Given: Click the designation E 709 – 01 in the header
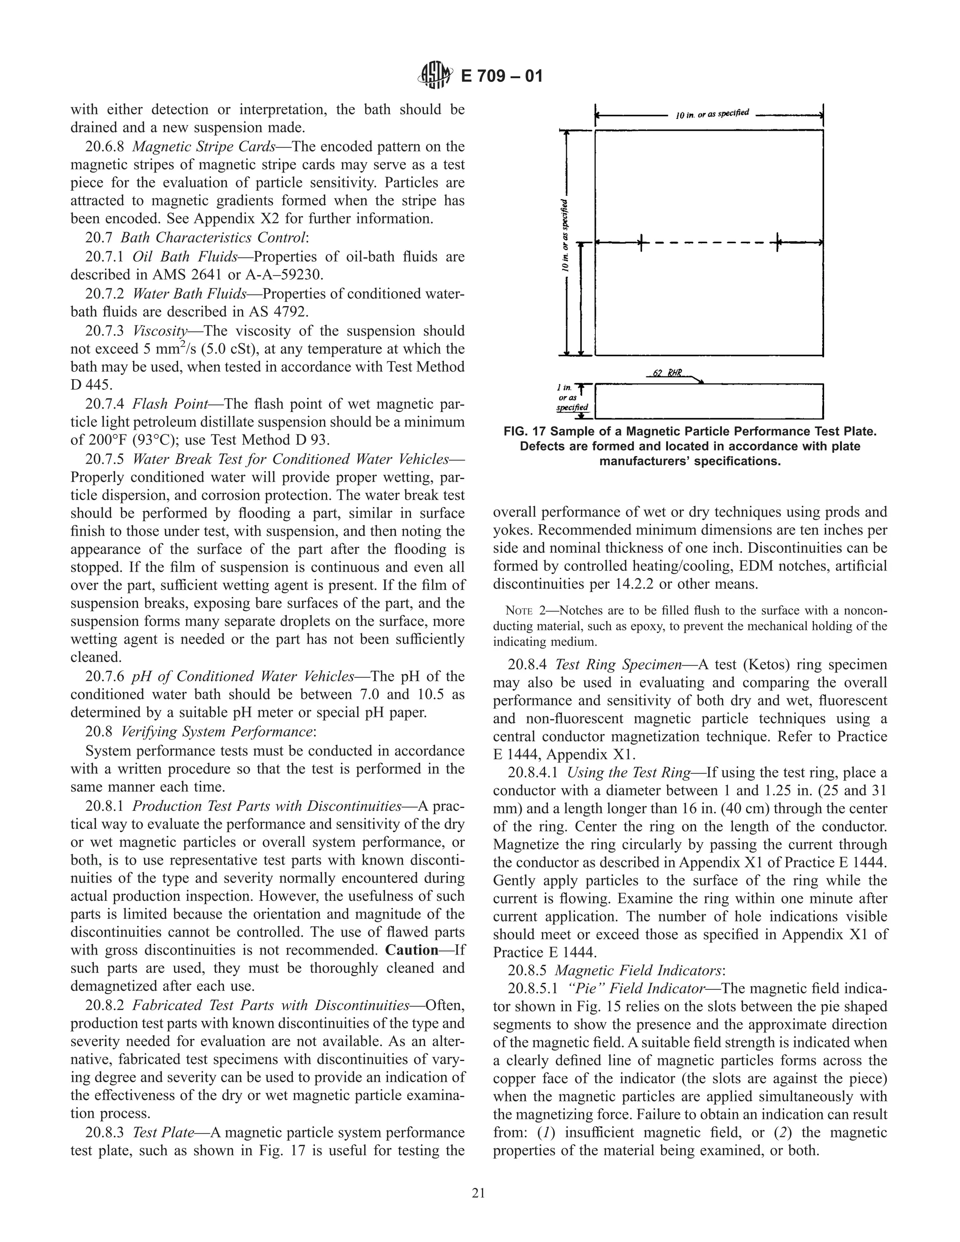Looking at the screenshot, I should (501, 76).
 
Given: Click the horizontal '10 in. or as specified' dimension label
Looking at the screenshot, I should (712, 114).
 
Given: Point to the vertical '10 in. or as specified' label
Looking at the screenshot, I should (565, 236).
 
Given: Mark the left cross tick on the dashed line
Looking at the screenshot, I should (641, 243).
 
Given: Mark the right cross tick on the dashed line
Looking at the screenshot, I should (778, 243).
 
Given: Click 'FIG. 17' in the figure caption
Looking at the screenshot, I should (525, 432).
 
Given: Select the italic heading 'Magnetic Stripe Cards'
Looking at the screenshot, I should (203, 147).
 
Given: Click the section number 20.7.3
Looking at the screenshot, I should (104, 331).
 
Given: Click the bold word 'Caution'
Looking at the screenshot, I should (412, 950).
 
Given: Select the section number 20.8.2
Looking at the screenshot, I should (104, 1005).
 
